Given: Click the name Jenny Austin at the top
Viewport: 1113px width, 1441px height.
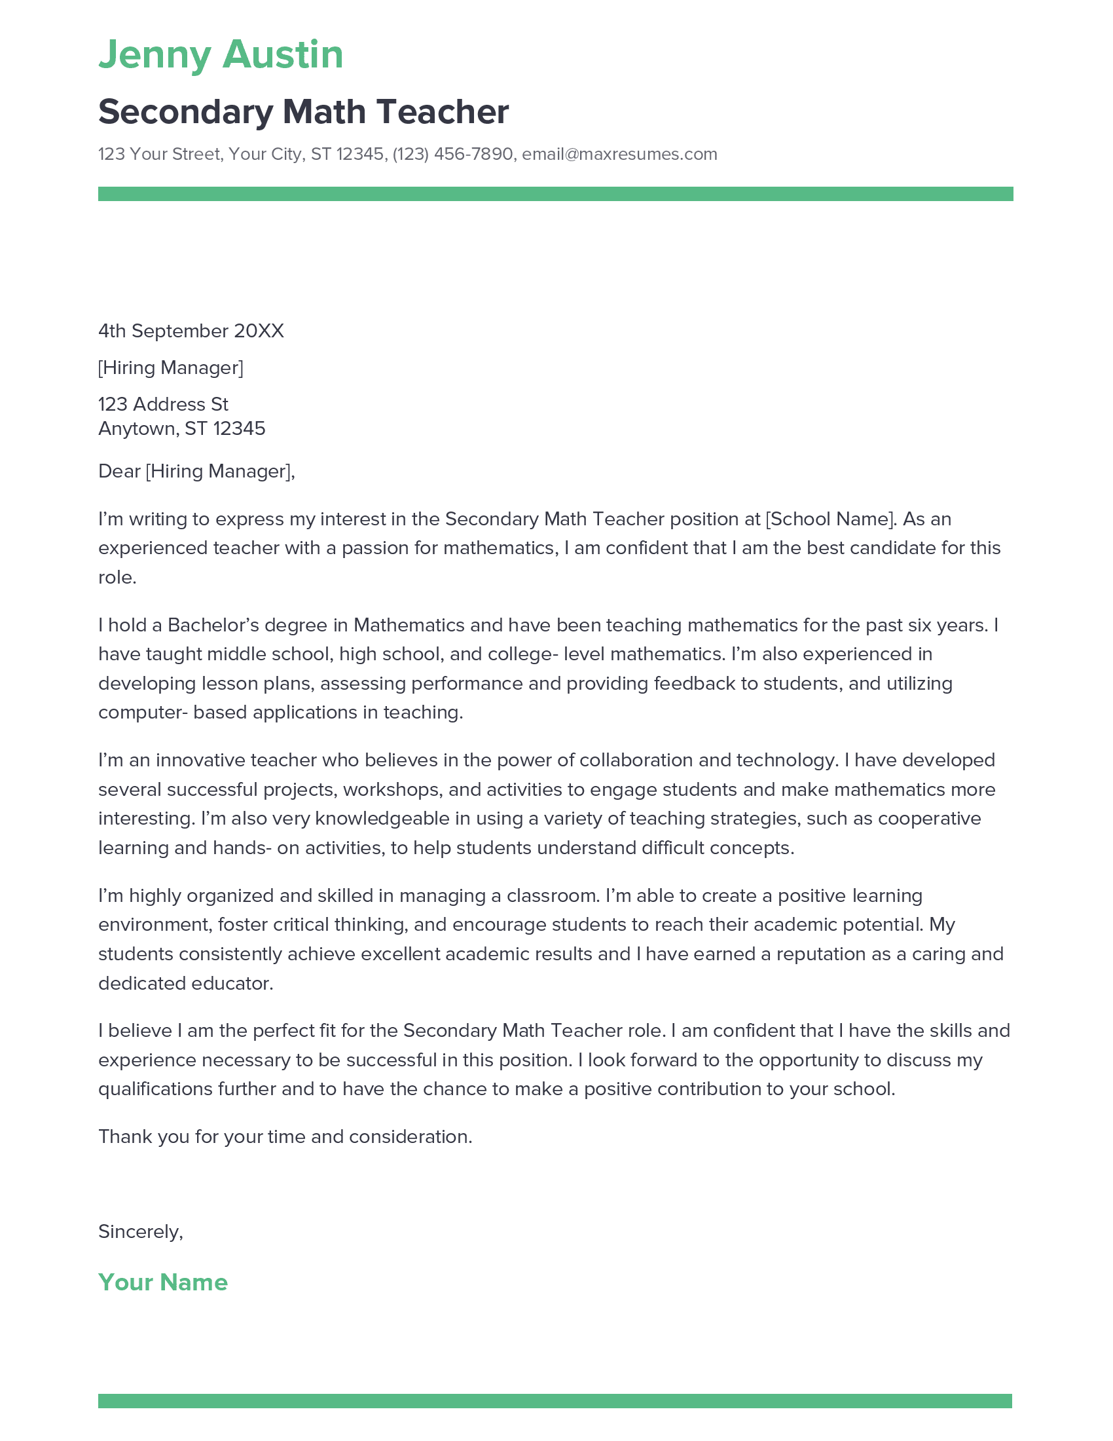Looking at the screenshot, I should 221,55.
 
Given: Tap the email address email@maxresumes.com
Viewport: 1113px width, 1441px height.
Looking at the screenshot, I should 619,155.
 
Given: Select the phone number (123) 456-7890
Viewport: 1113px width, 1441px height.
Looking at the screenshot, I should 452,155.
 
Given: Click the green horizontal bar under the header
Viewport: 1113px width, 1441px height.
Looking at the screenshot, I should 555,194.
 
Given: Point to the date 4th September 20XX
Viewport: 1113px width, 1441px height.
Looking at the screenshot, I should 191,331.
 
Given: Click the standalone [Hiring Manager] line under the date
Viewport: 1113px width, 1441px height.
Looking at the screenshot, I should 171,368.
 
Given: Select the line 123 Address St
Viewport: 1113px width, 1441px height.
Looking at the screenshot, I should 164,404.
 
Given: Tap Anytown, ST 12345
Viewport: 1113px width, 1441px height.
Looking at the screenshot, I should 182,429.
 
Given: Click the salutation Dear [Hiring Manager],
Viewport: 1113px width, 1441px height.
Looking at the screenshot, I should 196,472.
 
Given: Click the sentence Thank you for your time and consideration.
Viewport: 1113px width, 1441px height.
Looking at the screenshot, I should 285,1137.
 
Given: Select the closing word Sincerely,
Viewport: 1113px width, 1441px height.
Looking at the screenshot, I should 141,1232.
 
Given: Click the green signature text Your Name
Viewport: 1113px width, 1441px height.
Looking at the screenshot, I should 163,1282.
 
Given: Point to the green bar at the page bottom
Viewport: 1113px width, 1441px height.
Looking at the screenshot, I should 555,1402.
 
